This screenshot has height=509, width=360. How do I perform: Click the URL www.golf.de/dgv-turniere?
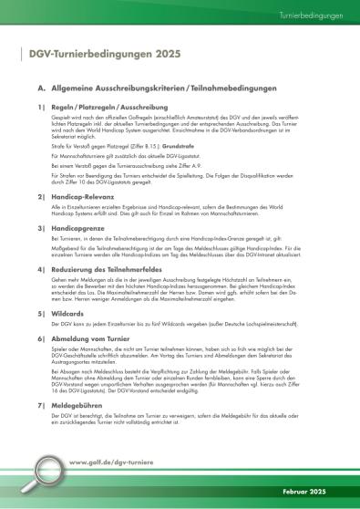point(110,463)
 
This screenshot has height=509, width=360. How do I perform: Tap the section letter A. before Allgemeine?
point(41,90)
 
